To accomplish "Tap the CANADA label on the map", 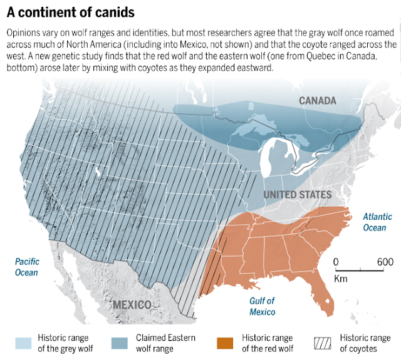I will tap(317, 100).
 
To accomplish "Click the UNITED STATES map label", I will tap(297, 195).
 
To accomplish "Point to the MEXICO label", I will tap(132, 305).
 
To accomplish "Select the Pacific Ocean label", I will tap(27, 267).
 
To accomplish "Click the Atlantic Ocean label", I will tap(377, 222).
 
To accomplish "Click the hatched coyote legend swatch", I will tap(323, 343).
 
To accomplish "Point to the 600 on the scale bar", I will tap(385, 262).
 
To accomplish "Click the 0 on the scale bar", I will tap(336, 262).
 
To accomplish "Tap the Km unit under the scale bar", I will tap(340, 278).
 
